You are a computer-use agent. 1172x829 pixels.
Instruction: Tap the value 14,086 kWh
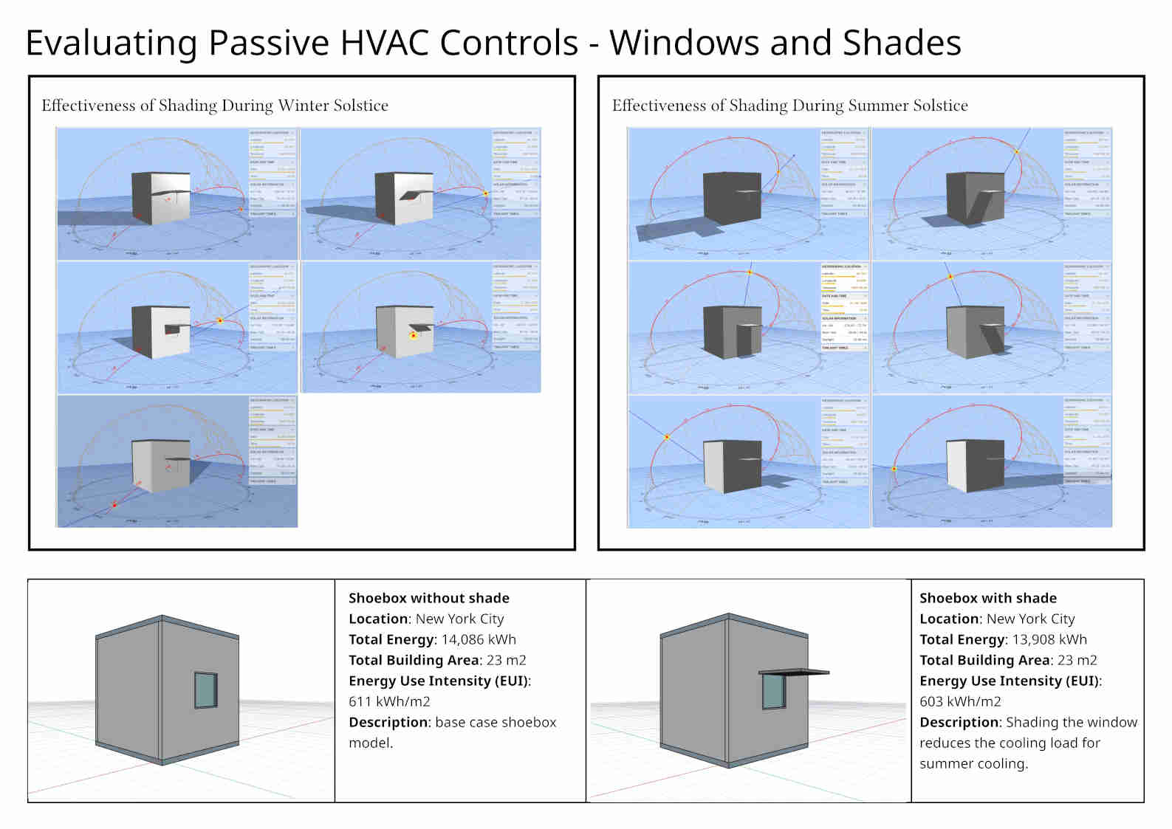[479, 639]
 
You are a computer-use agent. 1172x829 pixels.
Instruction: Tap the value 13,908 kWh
[1049, 639]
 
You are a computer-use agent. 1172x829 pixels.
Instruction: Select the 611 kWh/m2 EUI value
[389, 701]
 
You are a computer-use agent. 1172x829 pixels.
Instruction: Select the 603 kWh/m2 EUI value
[960, 701]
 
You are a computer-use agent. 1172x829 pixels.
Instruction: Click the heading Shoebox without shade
[429, 598]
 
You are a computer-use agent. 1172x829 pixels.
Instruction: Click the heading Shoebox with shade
[988, 598]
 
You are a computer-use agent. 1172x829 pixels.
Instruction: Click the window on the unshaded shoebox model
[206, 690]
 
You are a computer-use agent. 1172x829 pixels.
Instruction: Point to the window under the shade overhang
[773, 691]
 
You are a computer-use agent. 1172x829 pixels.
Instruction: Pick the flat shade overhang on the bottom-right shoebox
[794, 673]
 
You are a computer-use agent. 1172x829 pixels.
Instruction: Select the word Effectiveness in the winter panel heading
[88, 106]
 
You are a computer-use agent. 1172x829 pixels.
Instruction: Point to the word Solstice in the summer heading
[940, 106]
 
